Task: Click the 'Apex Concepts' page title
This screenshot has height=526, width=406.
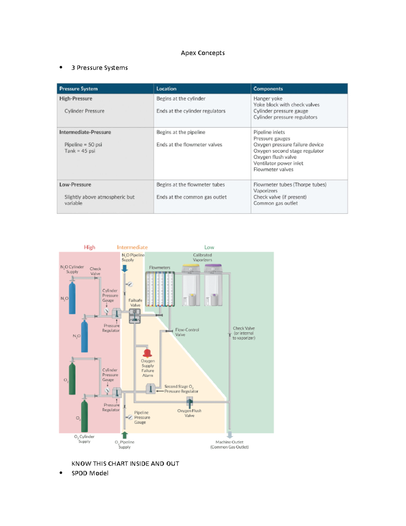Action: [x=203, y=53]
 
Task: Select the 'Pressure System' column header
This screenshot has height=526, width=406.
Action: [x=78, y=89]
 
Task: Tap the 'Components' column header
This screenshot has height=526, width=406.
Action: [x=268, y=89]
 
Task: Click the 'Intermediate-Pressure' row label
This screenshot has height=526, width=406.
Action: [x=85, y=132]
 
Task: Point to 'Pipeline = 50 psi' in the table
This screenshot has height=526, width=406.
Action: [x=83, y=145]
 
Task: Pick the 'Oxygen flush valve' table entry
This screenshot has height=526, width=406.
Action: [x=275, y=157]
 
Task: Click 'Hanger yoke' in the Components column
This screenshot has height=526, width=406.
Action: [x=268, y=99]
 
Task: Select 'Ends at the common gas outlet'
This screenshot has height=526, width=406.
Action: [x=191, y=197]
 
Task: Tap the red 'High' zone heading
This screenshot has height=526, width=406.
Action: [x=90, y=247]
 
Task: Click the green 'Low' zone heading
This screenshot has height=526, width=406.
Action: [x=209, y=247]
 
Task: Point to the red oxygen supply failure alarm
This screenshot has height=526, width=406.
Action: [x=147, y=353]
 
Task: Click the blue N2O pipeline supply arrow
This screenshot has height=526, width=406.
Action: [x=125, y=268]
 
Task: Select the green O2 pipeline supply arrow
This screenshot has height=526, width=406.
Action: [x=125, y=435]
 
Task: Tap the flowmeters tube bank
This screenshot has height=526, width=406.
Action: [x=160, y=289]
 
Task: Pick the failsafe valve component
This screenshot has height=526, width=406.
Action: [x=135, y=316]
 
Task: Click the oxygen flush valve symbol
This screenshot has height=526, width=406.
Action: [x=189, y=402]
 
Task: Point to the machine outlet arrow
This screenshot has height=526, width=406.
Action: [x=230, y=435]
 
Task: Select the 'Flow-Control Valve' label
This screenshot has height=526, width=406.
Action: [x=187, y=332]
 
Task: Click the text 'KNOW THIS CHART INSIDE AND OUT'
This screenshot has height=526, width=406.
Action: [x=125, y=464]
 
